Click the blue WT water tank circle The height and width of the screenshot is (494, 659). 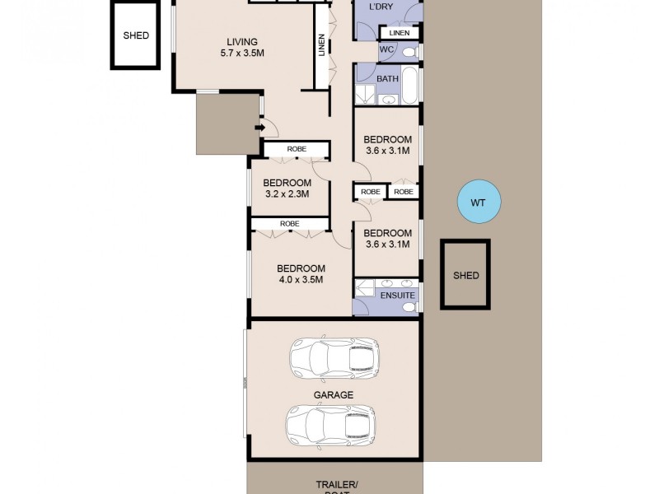click(x=479, y=202)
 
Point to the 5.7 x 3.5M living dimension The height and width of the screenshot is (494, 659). click(x=242, y=54)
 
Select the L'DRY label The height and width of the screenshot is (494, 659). click(x=381, y=7)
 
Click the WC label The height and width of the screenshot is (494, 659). click(x=387, y=50)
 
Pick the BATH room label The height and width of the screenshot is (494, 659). click(x=387, y=79)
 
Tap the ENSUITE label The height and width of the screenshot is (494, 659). click(x=399, y=295)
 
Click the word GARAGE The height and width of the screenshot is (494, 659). click(x=333, y=395)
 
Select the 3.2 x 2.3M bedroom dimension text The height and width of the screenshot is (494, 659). click(x=287, y=194)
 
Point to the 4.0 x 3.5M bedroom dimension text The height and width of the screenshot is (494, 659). click(x=301, y=280)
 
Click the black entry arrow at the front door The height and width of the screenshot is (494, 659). click(x=259, y=127)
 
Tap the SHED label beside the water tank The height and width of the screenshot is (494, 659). click(x=465, y=276)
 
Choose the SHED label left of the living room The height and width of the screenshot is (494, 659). click(x=136, y=36)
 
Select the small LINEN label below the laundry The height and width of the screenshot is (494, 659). click(x=400, y=33)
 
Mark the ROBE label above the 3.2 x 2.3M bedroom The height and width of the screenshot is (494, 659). click(x=297, y=149)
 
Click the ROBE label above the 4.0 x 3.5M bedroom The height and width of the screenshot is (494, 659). click(x=289, y=224)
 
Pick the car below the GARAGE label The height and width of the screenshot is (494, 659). click(x=330, y=426)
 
